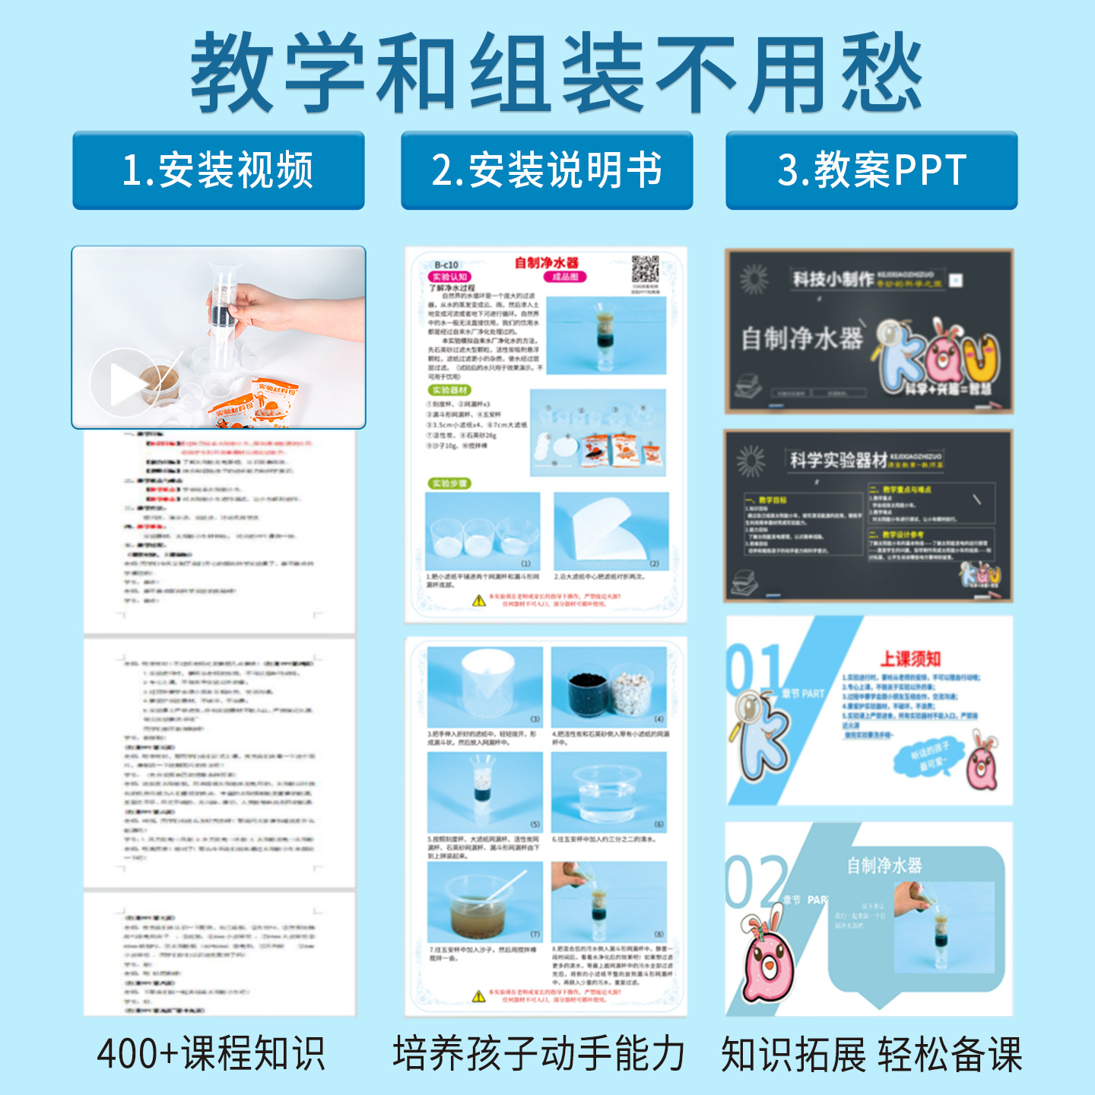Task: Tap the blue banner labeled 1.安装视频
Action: (x=218, y=170)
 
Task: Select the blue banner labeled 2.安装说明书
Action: (x=547, y=170)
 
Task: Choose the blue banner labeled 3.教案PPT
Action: (x=871, y=170)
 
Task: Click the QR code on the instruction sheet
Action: (x=645, y=270)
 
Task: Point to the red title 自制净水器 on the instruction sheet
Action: (x=546, y=263)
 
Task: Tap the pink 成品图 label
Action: (x=565, y=277)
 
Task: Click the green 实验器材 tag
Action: (x=450, y=390)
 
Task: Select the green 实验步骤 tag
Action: (x=450, y=484)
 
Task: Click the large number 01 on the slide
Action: (x=754, y=669)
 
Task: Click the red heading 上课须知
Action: (x=910, y=659)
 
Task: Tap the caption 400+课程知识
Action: (x=211, y=1054)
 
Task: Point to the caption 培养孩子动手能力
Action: (x=538, y=1054)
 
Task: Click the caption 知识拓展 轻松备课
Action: (x=871, y=1054)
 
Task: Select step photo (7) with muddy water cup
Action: (x=484, y=903)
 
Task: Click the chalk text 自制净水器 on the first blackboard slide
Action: (x=802, y=338)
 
